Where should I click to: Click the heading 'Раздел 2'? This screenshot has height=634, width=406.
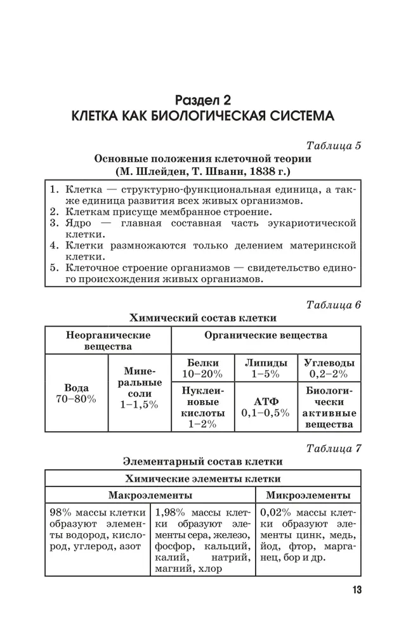click(x=203, y=100)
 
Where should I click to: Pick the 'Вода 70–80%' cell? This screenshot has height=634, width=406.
click(x=77, y=393)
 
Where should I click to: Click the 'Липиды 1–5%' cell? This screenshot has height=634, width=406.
click(x=265, y=368)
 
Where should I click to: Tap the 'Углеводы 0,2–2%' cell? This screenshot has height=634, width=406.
click(x=329, y=368)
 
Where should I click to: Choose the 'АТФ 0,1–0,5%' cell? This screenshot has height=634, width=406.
click(x=265, y=406)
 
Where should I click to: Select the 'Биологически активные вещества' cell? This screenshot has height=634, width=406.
click(x=329, y=406)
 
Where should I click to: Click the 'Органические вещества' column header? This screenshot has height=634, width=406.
click(x=265, y=334)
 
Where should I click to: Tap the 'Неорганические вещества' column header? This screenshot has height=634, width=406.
click(x=108, y=340)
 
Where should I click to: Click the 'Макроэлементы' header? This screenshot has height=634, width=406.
click(x=150, y=495)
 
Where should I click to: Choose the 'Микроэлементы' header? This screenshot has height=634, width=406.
click(x=308, y=495)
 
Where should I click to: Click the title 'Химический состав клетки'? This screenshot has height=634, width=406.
click(x=203, y=318)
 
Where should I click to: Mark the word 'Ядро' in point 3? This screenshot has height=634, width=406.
click(x=78, y=223)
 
